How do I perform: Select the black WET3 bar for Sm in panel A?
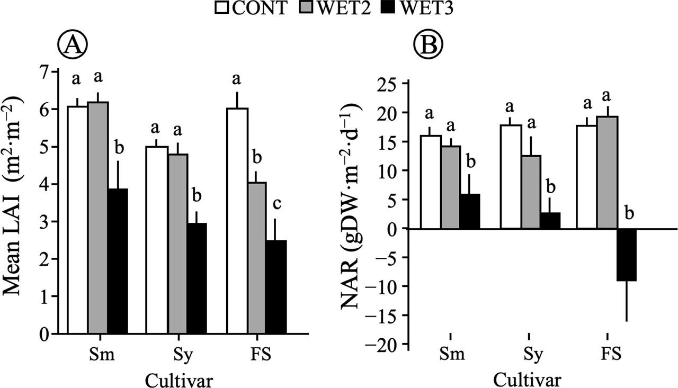(118, 261)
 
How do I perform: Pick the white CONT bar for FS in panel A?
(237, 221)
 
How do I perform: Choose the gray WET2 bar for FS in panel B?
(607, 173)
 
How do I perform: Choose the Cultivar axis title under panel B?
(528, 379)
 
